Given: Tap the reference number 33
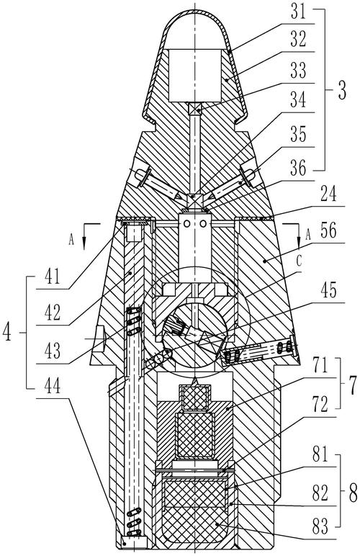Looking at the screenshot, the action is coord(298,71).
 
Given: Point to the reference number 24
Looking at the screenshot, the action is coord(328,194).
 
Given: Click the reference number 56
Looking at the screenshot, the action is coord(328,231).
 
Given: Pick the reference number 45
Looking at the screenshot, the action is coord(328,291).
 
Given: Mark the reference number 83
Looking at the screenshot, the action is coord(320,527).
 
